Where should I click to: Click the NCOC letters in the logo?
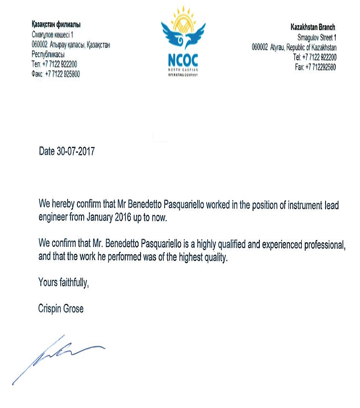(180, 60)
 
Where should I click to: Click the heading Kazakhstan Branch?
(313, 28)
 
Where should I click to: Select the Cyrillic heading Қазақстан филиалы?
(56, 25)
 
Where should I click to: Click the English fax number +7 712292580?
(320, 67)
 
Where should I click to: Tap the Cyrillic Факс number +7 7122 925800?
(62, 74)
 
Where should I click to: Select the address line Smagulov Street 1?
(317, 37)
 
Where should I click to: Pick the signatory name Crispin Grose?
(61, 309)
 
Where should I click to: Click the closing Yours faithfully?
(64, 283)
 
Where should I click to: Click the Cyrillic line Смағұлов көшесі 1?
(52, 35)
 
